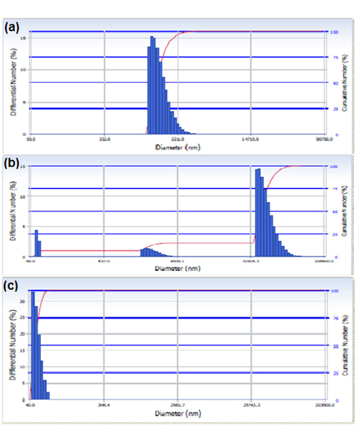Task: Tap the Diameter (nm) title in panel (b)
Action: coord(177,269)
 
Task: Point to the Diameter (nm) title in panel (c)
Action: coord(177,413)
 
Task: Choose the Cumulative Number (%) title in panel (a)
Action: coord(344,83)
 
